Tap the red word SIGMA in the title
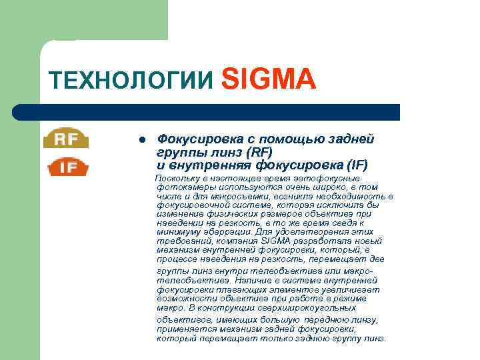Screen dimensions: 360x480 click(x=267, y=79)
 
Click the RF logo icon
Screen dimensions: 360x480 click(x=67, y=139)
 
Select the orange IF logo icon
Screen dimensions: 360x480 click(x=67, y=167)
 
